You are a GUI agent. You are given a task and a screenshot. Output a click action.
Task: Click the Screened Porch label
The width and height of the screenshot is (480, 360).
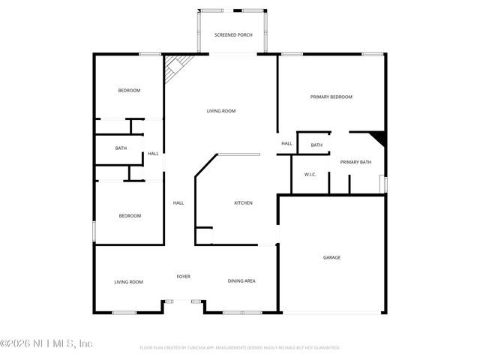(233, 35)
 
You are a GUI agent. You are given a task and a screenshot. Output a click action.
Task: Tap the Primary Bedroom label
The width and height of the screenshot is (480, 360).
(331, 97)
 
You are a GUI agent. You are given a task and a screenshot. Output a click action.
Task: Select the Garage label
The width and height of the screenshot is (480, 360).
(331, 257)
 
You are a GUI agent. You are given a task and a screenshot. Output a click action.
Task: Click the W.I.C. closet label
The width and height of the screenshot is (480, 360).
(310, 175)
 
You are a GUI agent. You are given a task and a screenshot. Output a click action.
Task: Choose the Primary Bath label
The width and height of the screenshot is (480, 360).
(355, 162)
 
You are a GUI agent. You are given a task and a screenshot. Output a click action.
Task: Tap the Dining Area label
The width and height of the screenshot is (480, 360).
(241, 281)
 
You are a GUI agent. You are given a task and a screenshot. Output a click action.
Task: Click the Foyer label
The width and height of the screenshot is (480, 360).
(183, 277)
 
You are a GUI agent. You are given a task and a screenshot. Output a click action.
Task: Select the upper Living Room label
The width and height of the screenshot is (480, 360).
(221, 111)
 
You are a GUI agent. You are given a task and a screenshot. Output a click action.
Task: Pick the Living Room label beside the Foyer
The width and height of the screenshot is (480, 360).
(128, 282)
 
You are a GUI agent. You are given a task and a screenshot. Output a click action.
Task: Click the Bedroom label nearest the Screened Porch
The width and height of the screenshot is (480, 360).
(129, 91)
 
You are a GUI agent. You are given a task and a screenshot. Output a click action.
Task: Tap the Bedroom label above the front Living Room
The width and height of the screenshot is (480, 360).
(130, 216)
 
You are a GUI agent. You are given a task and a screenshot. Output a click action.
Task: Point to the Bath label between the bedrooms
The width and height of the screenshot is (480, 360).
(121, 148)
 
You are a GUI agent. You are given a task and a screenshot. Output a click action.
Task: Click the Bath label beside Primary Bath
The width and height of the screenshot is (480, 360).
(316, 145)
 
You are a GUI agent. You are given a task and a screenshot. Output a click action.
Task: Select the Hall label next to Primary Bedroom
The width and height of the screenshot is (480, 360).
(286, 143)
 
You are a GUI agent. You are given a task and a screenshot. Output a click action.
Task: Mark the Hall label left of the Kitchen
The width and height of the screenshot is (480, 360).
(178, 202)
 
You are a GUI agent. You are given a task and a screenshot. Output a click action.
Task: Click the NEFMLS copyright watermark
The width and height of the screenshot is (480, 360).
(46, 343)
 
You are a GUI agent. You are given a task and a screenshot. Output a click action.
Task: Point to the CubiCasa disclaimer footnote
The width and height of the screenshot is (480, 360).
(240, 348)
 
